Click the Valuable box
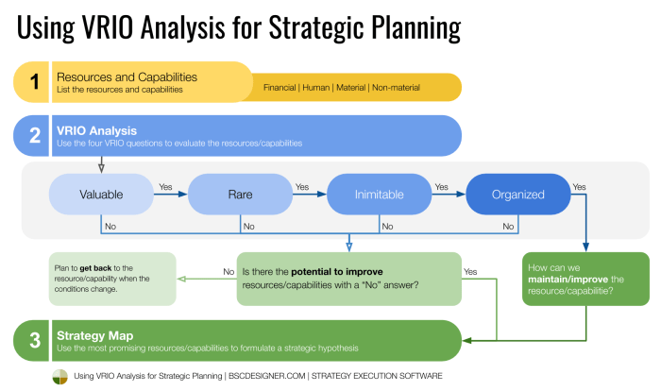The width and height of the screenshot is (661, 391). (100, 195)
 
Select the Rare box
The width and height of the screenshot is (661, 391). (239, 195)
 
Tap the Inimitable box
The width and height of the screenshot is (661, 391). (379, 195)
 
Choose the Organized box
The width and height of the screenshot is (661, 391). (517, 195)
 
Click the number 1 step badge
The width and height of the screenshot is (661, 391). (34, 82)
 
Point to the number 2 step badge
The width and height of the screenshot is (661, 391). (34, 136)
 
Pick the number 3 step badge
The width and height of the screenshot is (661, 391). (34, 341)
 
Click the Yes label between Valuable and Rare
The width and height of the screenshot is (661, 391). (166, 187)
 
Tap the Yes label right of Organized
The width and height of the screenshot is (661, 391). (579, 187)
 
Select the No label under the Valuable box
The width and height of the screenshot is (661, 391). (110, 227)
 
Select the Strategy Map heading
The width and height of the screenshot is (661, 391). (94, 335)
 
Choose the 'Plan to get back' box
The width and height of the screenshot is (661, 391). (112, 279)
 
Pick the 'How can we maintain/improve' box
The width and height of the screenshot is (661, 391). (585, 279)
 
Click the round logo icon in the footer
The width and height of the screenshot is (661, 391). (59, 376)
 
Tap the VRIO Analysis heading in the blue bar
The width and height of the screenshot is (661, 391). (97, 130)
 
